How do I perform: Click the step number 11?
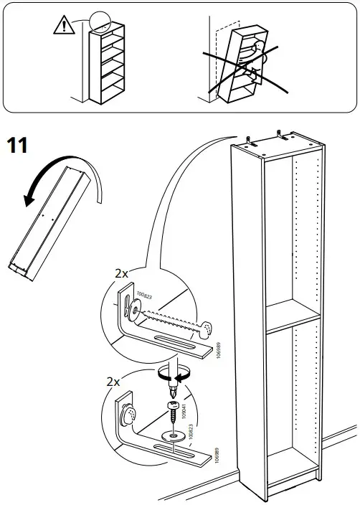pyautogui.click(x=17, y=146)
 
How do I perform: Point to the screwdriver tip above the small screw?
pyautogui.click(x=173, y=392)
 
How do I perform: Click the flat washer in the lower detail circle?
pyautogui.click(x=173, y=435)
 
